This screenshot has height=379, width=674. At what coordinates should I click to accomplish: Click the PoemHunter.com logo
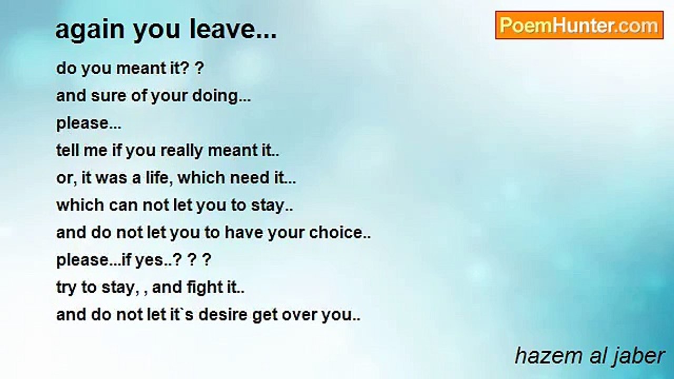pyautogui.click(x=579, y=25)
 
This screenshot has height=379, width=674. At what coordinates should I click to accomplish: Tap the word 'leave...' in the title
pyautogui.click(x=233, y=29)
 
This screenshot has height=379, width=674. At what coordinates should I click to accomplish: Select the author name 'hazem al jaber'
pyautogui.click(x=589, y=356)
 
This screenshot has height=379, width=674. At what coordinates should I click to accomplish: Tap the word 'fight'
pyautogui.click(x=203, y=287)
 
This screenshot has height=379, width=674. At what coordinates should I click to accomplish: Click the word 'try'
pyautogui.click(x=66, y=288)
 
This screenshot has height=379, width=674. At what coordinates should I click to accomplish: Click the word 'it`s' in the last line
pyautogui.click(x=184, y=315)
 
